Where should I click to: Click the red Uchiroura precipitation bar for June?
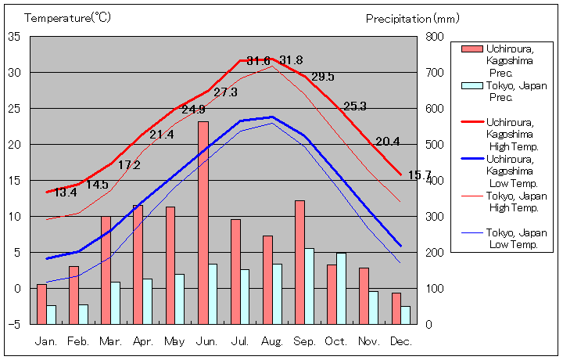(x=203, y=222)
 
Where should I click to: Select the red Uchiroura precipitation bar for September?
(x=299, y=262)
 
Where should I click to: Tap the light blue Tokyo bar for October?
(x=341, y=288)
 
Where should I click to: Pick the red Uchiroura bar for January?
(x=41, y=304)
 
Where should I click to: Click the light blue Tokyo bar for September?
(x=310, y=286)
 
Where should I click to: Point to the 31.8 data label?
(x=291, y=60)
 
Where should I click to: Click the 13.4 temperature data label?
(x=65, y=193)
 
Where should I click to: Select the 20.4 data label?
(x=388, y=142)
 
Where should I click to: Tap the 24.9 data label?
(x=194, y=109)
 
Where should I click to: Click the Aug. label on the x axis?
(x=272, y=342)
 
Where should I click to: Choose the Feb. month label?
(x=78, y=342)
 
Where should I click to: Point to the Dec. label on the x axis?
(x=401, y=342)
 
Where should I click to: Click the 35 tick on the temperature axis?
(x=14, y=37)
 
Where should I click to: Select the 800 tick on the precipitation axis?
(x=435, y=37)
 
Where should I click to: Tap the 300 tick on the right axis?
(x=435, y=217)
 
